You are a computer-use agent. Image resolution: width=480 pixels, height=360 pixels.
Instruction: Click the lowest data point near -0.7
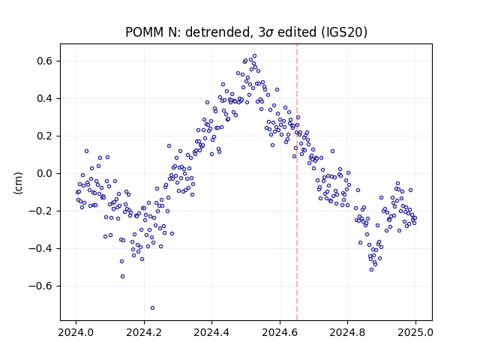point(152,308)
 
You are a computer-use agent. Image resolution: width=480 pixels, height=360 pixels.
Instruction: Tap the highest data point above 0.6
point(254,56)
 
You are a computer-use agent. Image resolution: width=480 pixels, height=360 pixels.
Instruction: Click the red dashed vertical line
point(297,182)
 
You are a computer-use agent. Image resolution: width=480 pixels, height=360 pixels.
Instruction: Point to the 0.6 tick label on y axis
point(45,61)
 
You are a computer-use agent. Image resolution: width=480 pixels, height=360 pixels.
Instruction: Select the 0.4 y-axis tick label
point(45,98)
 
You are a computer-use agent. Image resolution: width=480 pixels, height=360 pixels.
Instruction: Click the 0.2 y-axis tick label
point(45,136)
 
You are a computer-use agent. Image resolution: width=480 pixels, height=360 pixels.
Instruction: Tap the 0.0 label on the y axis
point(45,173)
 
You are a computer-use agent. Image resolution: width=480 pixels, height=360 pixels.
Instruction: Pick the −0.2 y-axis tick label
point(40,211)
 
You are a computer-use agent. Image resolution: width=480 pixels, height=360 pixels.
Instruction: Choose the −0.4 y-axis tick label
point(40,248)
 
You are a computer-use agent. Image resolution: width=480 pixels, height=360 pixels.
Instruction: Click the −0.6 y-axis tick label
point(40,286)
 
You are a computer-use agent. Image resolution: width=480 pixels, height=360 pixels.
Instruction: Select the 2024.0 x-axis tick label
point(76,332)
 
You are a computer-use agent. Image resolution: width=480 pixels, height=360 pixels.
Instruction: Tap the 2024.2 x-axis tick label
point(144,332)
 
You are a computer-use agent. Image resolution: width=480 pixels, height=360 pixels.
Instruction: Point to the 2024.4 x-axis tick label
point(211,332)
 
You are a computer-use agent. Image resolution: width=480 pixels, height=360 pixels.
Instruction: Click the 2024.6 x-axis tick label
point(280,332)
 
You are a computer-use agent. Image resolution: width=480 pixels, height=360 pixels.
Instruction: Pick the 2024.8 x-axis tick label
point(347,332)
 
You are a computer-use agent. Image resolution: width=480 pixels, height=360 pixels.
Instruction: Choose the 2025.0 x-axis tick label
point(415,332)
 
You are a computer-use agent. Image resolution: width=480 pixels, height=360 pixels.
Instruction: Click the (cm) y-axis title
point(18,183)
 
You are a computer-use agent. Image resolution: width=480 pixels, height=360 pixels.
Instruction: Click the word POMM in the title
point(144,32)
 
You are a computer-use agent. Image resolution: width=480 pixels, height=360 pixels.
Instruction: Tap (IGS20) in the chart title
point(344,32)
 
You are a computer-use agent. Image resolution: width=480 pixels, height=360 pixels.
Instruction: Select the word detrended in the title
point(218,32)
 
